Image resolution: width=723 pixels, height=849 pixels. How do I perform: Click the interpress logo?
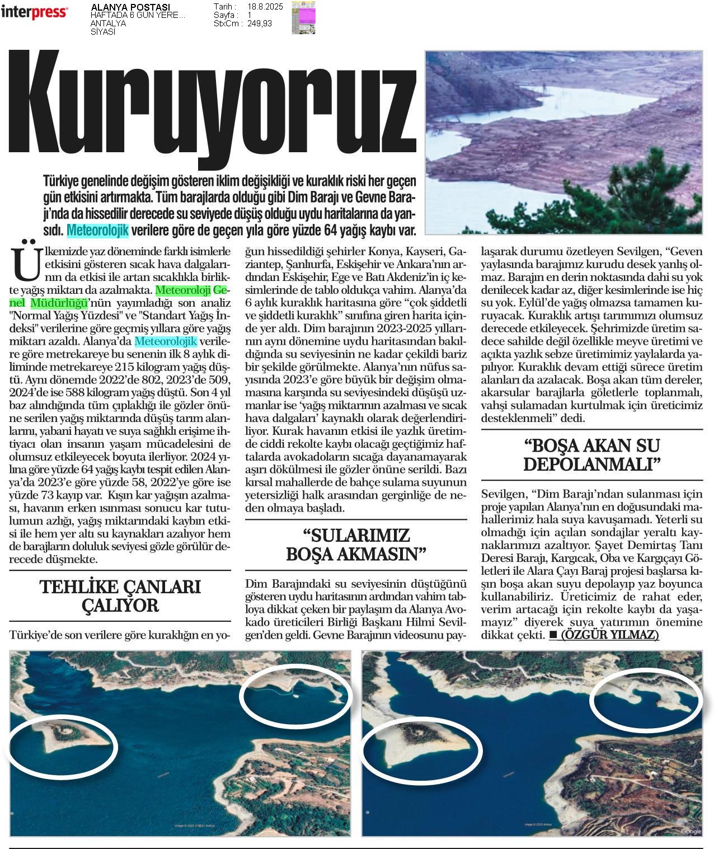(34, 12)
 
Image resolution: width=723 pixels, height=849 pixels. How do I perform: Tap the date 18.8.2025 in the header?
(265, 7)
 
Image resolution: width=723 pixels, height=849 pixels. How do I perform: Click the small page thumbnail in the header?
(303, 17)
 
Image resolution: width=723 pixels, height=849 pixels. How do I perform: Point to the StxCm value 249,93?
(260, 24)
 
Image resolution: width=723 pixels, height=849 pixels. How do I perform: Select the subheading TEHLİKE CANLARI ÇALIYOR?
(120, 596)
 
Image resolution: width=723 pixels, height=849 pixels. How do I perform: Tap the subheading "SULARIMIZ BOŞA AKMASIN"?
(356, 545)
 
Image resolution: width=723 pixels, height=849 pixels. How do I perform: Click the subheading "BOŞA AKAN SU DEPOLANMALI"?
(591, 454)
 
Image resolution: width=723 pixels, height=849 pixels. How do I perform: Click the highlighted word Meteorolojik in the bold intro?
(98, 230)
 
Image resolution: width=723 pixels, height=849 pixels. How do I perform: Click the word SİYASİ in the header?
(103, 32)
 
